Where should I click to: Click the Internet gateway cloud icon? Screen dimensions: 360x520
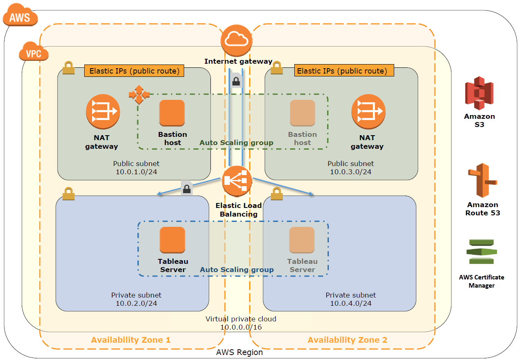coord(236,40)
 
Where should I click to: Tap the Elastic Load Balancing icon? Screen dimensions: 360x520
coord(237,181)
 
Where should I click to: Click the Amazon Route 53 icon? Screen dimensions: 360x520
coord(482,180)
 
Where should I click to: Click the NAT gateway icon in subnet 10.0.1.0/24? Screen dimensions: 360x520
coord(103,111)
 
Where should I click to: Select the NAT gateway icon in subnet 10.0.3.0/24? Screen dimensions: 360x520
coord(368,111)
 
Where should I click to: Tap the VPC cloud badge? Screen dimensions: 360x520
coord(34,53)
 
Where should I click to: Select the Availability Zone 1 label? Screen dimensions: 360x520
coord(131,340)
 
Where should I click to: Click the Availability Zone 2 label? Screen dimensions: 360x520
coord(347,340)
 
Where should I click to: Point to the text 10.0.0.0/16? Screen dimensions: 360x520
coord(241,327)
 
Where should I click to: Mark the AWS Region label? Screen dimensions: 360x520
coord(240,352)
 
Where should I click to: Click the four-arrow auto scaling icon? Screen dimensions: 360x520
coord(138,95)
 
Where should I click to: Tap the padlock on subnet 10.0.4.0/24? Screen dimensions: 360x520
coord(277,193)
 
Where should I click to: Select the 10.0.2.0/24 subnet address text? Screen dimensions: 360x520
coord(136,303)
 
